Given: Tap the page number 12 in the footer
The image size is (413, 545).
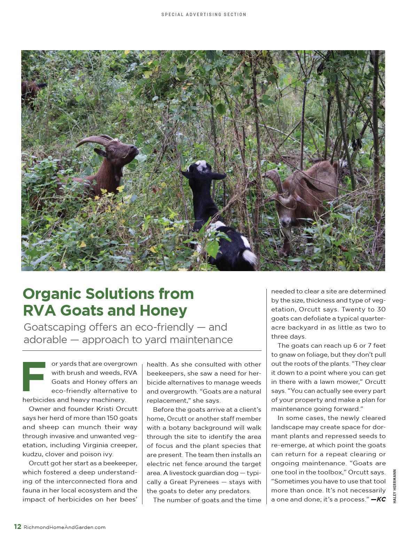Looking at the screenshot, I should click(17, 527).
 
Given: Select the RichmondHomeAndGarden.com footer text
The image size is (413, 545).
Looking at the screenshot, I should click(64, 527).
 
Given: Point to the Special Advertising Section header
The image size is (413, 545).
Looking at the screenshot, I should click(204, 15).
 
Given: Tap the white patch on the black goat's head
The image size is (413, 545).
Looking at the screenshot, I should click(201, 166).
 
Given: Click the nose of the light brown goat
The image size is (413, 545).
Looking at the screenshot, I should click(286, 222).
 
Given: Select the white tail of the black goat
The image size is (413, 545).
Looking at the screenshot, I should click(249, 257).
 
